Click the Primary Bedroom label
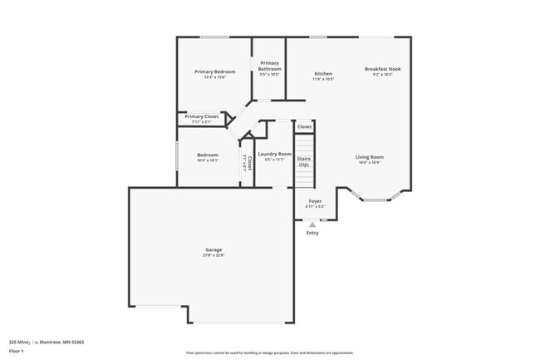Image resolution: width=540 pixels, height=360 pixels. click(215, 72)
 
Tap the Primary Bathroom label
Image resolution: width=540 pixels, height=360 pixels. click(269, 66)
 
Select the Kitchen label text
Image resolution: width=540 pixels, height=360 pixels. click(323, 72)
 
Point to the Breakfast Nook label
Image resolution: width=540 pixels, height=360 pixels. click(383, 68)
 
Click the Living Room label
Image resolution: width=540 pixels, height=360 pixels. click(369, 156)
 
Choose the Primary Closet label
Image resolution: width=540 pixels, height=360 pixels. click(201, 117)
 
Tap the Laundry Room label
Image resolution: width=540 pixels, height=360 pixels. click(273, 153)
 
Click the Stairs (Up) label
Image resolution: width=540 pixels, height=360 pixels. click(304, 160)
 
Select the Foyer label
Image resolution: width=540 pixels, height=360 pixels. click(315, 201)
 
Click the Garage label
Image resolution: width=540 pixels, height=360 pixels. click(214, 249)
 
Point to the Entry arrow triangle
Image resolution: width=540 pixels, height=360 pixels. click(312, 224)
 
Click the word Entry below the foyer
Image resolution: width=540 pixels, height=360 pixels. click(312, 233)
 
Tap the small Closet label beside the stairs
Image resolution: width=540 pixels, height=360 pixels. click(305, 126)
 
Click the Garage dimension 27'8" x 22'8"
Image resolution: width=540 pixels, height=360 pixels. click(214, 255)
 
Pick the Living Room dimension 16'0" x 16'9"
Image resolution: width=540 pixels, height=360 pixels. click(369, 163)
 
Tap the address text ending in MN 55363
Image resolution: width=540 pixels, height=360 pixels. click(47, 342)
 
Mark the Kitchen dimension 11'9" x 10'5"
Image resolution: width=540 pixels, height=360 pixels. click(323, 79)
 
